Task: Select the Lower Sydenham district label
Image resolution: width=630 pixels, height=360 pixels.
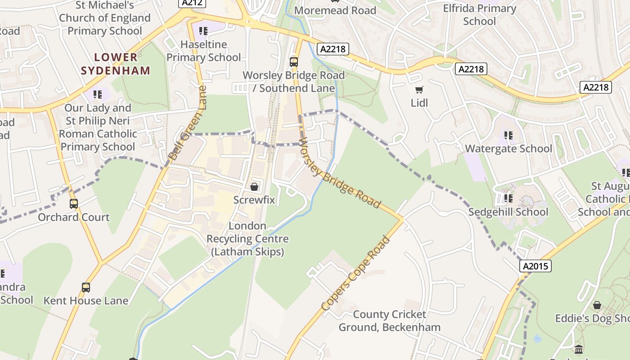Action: coord(116,64)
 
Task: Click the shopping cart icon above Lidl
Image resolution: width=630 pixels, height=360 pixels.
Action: coord(419,90)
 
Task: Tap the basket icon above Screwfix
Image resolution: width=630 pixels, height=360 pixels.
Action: coord(254,186)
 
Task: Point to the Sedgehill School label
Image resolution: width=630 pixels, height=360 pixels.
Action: coord(508,212)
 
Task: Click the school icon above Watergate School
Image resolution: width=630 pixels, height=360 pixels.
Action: coord(508,135)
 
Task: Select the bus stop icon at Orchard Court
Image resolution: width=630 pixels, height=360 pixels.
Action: coord(74,204)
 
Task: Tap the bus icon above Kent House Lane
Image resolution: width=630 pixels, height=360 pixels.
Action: coord(85,287)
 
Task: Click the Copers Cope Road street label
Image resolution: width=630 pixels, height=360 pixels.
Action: coord(355,273)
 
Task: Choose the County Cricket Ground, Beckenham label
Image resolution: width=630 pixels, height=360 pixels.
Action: coord(389,320)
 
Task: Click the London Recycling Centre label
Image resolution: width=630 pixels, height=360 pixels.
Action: coord(247,238)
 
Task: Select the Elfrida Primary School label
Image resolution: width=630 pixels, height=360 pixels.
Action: coord(479,15)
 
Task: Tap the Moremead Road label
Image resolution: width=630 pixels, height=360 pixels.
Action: coord(335,10)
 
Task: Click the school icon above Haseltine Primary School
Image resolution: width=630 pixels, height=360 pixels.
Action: coord(203,31)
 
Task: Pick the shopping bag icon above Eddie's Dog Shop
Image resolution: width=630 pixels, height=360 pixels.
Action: coord(597,306)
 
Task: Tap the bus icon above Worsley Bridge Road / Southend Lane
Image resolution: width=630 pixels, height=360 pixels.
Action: coord(294,62)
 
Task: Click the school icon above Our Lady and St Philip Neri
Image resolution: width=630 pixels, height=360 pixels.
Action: coord(98,94)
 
